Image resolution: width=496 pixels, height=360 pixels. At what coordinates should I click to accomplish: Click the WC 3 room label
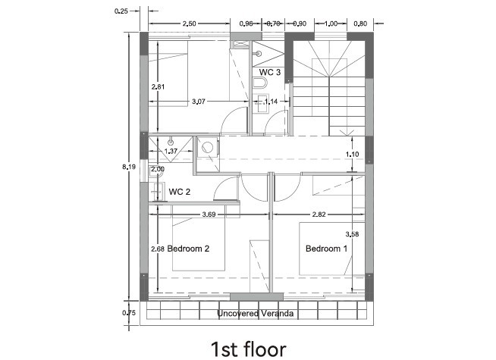(x=269, y=72)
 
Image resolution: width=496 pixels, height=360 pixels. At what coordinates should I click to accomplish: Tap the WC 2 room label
(x=179, y=192)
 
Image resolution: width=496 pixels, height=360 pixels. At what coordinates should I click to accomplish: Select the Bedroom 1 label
(x=326, y=249)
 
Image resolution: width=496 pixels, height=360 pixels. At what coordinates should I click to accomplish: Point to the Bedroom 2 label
(x=188, y=249)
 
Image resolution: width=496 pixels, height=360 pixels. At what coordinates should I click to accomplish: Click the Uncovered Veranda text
(x=256, y=314)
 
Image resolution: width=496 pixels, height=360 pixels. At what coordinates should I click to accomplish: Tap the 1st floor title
(x=249, y=349)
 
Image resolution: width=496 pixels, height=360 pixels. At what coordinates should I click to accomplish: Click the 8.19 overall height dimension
(x=129, y=167)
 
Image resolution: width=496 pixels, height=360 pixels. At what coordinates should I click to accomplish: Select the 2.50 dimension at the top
(x=189, y=23)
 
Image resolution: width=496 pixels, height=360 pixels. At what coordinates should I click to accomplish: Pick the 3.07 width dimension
(x=199, y=102)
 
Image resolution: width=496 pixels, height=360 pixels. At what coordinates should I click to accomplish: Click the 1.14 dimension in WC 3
(x=271, y=102)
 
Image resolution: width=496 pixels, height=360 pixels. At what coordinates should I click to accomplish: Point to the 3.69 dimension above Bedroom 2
(x=209, y=214)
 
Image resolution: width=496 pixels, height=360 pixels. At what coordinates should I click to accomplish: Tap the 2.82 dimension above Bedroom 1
(x=319, y=214)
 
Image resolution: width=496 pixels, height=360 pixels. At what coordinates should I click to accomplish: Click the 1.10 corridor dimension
(x=352, y=155)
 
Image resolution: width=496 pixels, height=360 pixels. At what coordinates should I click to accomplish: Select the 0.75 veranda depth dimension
(x=129, y=313)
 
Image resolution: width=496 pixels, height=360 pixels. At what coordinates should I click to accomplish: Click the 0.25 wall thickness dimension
(x=121, y=11)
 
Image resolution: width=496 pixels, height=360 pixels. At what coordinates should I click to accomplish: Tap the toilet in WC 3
(x=260, y=83)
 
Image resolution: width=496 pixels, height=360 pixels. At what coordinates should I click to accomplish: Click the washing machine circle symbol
(x=208, y=148)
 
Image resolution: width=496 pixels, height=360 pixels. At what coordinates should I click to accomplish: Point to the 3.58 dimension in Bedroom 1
(x=352, y=234)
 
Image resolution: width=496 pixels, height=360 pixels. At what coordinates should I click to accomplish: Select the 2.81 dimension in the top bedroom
(x=158, y=87)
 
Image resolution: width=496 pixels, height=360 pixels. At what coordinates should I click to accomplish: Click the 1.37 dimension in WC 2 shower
(x=171, y=151)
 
